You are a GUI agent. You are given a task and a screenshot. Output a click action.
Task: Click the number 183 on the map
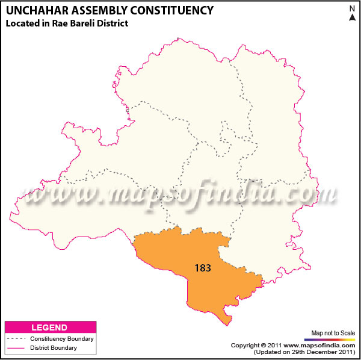[203, 268]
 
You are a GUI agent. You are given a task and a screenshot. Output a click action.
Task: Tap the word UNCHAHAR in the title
[35, 10]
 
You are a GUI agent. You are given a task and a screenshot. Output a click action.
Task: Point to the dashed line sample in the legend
[16, 339]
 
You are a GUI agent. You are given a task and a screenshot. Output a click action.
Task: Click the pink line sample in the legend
[16, 348]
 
